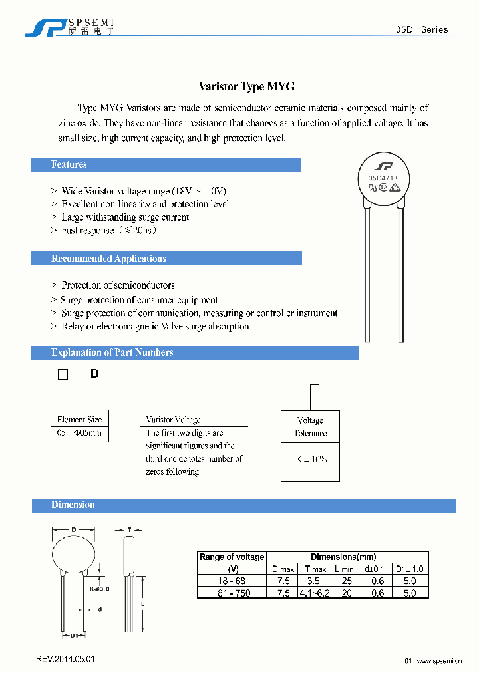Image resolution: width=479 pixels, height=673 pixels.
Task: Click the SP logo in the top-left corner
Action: tap(45, 27)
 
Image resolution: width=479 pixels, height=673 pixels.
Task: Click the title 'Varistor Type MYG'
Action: tap(247, 87)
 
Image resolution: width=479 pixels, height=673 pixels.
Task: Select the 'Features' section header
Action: tap(69, 164)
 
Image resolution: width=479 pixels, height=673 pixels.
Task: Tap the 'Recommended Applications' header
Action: tap(108, 259)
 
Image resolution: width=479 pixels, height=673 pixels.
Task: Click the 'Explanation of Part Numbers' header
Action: tap(112, 352)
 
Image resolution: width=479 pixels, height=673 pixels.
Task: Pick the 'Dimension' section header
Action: tap(73, 505)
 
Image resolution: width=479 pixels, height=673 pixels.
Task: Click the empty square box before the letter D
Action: tap(63, 374)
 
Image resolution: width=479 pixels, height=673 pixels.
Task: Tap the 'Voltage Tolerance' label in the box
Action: tap(310, 426)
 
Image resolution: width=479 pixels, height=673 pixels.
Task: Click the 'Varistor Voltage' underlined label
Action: tap(173, 420)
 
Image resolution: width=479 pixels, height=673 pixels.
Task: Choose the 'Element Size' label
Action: tap(79, 420)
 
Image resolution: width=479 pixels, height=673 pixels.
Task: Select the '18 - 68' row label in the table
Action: tap(232, 581)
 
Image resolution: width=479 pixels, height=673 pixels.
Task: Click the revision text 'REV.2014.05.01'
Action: tap(65, 659)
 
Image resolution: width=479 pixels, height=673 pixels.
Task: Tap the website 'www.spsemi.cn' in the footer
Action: tap(442, 660)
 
